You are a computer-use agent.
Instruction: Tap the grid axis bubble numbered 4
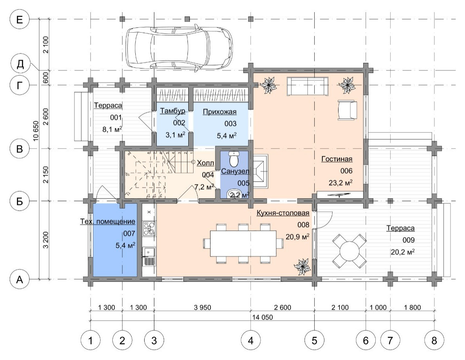pos(250,341)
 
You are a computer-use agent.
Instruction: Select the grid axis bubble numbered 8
pos(434,341)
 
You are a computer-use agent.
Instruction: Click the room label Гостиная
pos(337,159)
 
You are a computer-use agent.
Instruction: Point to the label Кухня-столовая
pos(283,213)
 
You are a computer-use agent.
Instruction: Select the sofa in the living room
pos(307,86)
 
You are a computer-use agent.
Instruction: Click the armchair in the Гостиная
pos(347,110)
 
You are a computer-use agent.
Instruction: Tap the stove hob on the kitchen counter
pos(149,228)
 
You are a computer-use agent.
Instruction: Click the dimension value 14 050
pos(263,317)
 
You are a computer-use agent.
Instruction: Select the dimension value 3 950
pos(202,308)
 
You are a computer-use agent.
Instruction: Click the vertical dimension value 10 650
pos(36,131)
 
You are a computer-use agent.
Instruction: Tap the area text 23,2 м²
pos(341,183)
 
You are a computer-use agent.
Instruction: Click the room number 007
pos(129,234)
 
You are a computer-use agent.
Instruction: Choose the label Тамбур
pos(173,111)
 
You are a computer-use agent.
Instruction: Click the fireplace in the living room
pos(261,171)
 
